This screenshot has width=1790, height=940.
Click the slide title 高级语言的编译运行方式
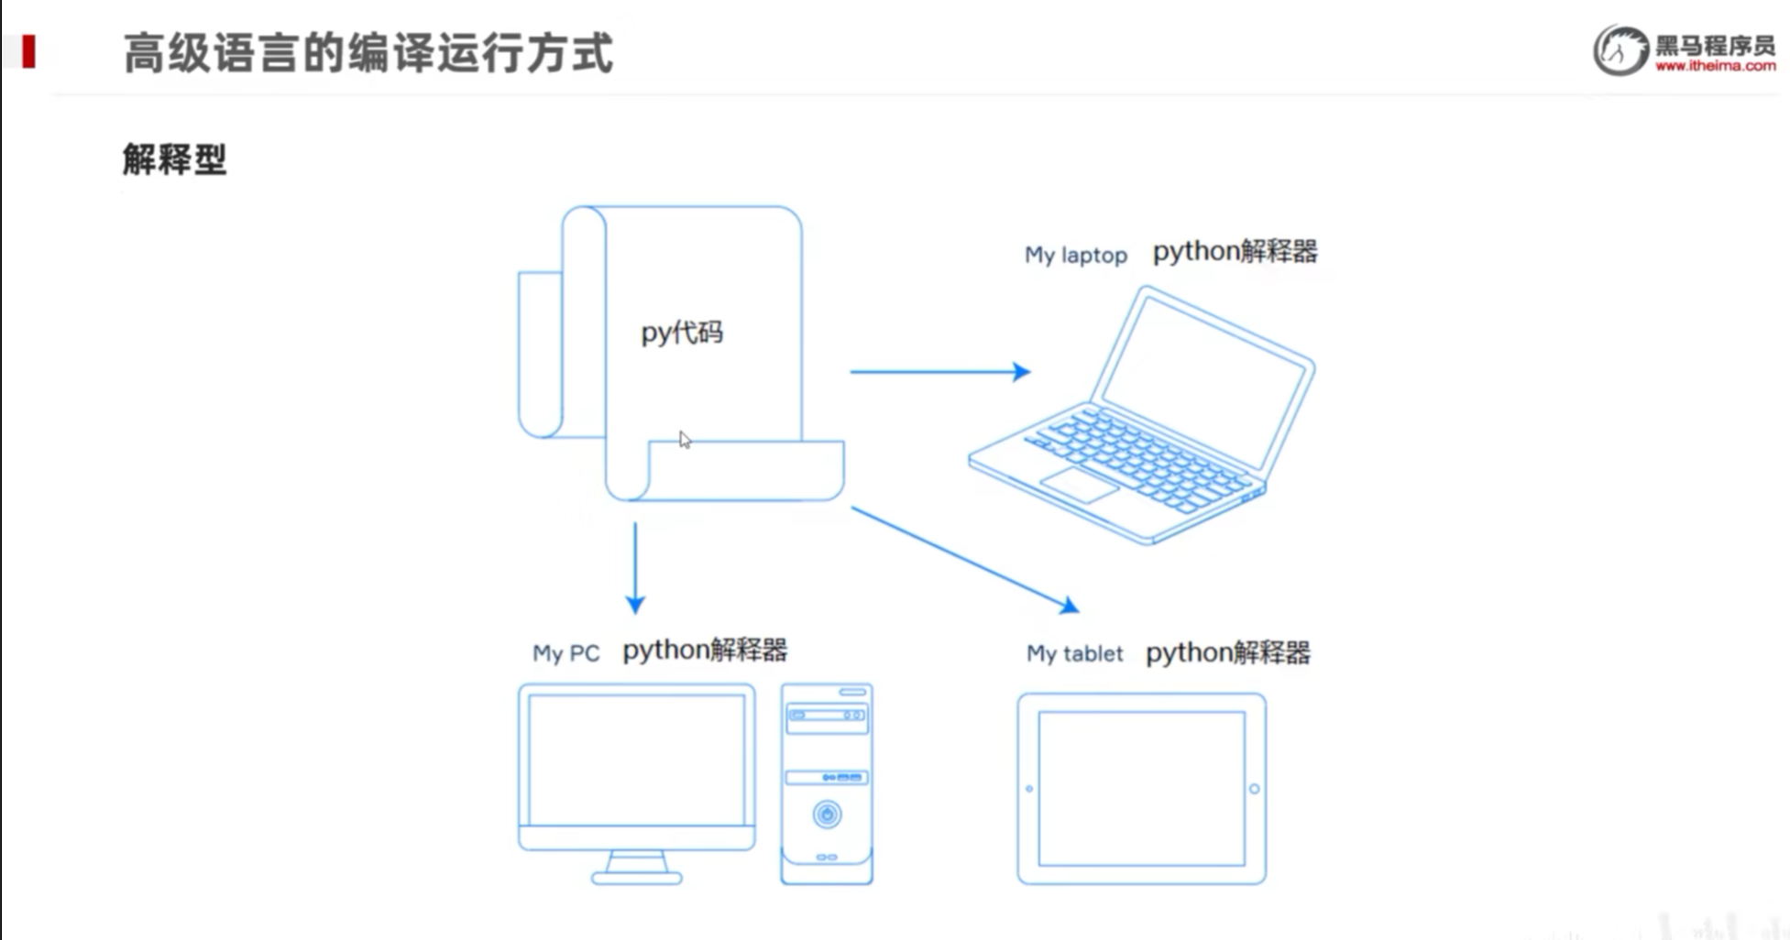368,53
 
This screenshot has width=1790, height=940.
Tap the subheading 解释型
174,159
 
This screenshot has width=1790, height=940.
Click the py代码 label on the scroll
681,333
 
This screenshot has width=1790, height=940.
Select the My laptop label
1075,255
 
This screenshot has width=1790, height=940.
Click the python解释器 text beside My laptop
1235,251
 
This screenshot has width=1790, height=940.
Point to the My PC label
566,653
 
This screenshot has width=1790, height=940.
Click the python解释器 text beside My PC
704,650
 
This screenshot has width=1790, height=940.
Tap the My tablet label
1074,653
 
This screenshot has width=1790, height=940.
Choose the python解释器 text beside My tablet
1227,652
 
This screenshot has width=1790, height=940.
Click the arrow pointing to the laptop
939,371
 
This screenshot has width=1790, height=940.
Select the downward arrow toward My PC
635,568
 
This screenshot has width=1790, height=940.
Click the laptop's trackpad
1079,484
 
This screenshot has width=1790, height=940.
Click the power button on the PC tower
827,814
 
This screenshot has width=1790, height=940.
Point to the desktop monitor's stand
636,867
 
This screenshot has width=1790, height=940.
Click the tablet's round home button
1254,789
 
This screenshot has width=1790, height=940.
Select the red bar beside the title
28,51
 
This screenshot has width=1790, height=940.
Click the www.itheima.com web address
1715,66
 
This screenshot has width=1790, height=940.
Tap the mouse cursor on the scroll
684,440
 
